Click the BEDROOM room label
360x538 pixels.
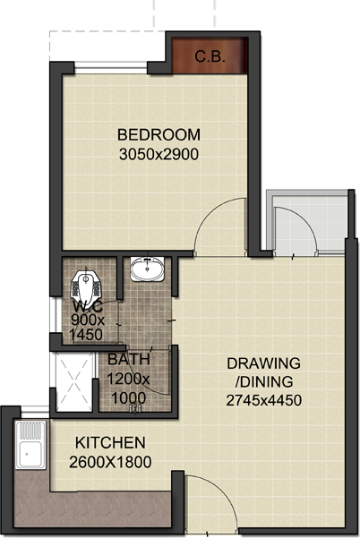click(159, 134)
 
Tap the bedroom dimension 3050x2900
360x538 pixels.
click(159, 154)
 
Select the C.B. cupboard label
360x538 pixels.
click(210, 56)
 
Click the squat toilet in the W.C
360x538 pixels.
click(86, 288)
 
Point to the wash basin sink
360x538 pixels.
click(147, 269)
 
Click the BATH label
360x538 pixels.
click(129, 359)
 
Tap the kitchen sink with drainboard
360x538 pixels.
click(30, 445)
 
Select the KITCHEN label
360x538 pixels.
click(110, 443)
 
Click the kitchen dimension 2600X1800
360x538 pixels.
click(110, 462)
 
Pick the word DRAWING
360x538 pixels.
click(263, 363)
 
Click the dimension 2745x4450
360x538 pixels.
click(263, 400)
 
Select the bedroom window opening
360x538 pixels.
click(110, 68)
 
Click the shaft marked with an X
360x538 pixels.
click(74, 381)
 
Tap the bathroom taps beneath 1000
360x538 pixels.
click(135, 408)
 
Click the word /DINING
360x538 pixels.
click(264, 382)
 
